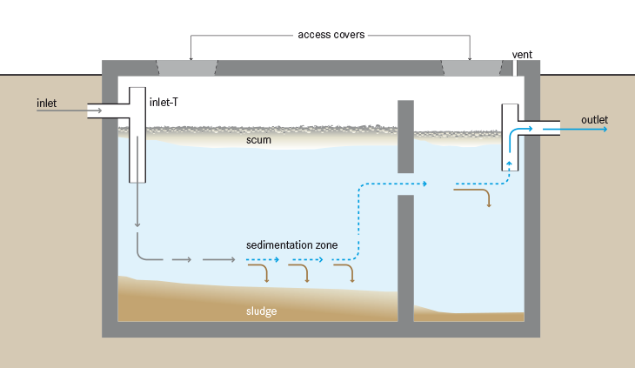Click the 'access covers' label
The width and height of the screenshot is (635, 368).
point(331,35)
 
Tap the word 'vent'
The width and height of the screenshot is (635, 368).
point(522,54)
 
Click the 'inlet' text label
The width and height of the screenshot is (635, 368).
point(47,104)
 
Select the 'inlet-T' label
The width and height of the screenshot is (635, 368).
point(164,103)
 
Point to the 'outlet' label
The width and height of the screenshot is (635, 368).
point(594,119)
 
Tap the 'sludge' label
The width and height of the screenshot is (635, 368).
point(261,310)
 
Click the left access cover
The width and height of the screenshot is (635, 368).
point(187,68)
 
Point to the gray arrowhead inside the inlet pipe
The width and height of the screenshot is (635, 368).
point(111,110)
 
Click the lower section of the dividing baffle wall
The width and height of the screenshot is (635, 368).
point(405,258)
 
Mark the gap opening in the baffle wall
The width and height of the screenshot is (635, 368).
point(405,184)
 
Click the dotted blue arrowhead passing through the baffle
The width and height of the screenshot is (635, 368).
point(426,184)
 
